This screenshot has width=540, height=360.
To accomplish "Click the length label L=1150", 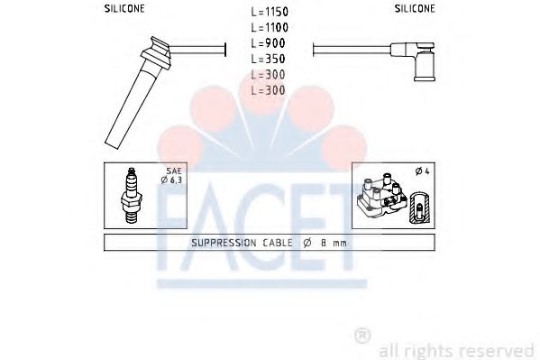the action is tap(270, 12).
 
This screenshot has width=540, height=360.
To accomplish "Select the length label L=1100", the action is tap(270, 27).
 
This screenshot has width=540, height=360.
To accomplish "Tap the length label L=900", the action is tap(269, 43).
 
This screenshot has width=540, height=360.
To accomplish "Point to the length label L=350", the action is tap(269, 59).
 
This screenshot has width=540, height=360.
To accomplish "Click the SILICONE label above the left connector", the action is tap(124, 9).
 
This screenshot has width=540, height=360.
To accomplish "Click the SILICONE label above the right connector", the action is tap(415, 9).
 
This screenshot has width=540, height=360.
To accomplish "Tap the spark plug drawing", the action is tap(132, 195).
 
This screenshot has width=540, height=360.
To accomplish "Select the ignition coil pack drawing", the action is tap(382, 194).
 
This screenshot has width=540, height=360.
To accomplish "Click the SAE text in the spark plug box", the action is tap(174, 171).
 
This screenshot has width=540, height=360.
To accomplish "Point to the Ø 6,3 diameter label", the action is tap(171, 180).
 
